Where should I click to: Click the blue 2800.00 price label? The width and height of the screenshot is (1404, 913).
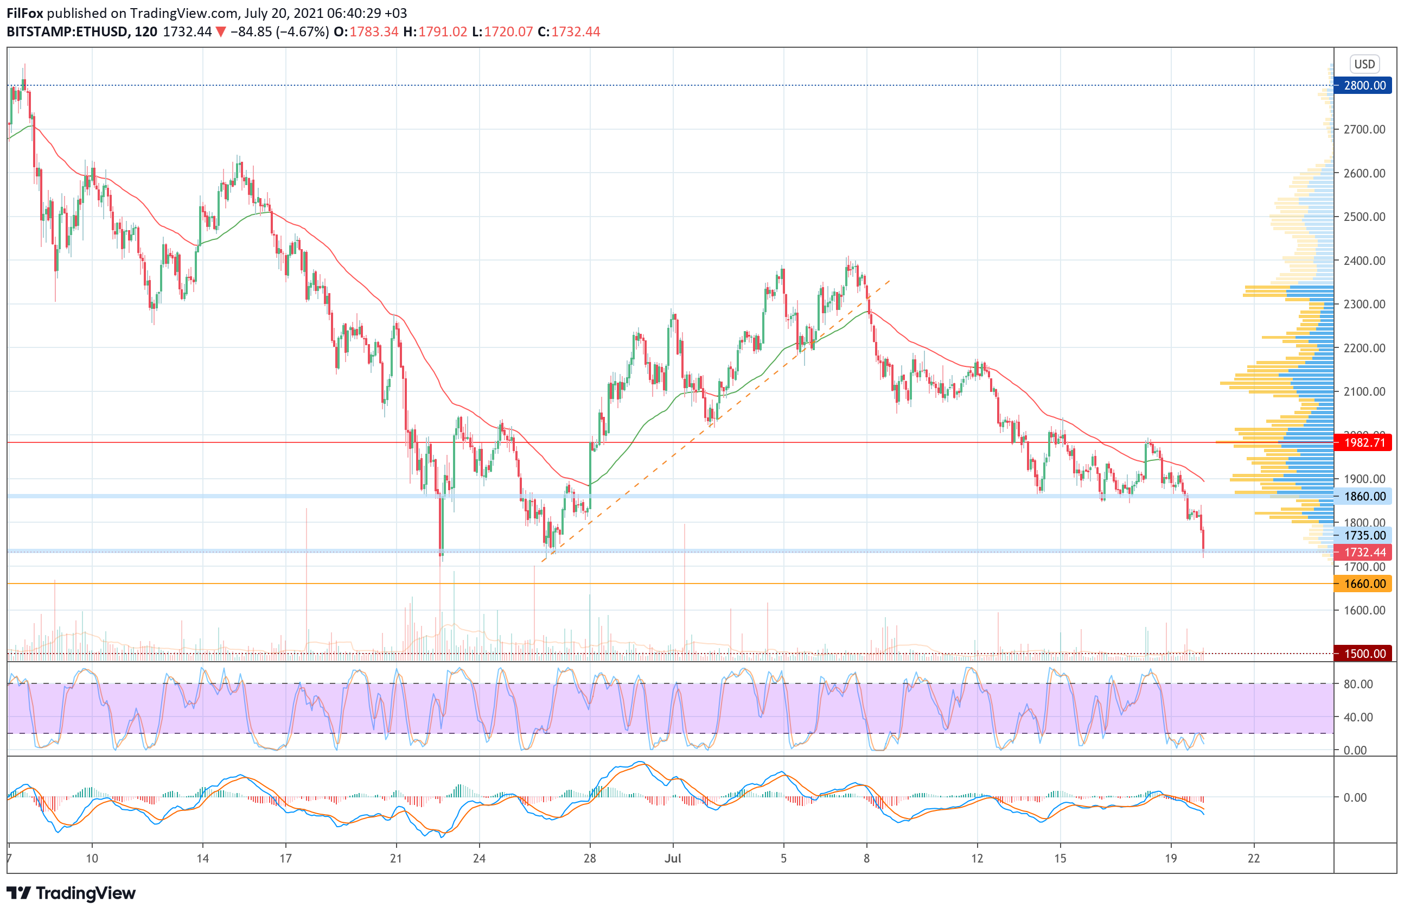pos(1364,86)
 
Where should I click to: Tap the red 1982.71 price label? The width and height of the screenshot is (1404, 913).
pos(1364,442)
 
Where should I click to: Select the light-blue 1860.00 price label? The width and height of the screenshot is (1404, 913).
pos(1364,496)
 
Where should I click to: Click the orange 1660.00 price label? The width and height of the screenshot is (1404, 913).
pos(1364,584)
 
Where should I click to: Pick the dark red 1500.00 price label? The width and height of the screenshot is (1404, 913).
pos(1364,654)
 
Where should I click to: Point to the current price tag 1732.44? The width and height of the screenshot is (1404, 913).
pos(1364,553)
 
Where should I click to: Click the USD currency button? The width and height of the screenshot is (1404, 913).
pos(1364,64)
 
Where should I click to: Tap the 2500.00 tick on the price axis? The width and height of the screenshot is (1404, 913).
pos(1364,217)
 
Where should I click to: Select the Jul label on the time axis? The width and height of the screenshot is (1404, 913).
pos(673,858)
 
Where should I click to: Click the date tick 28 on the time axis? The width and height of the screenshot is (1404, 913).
pos(589,858)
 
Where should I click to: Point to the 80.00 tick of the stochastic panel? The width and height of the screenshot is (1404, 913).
pos(1358,684)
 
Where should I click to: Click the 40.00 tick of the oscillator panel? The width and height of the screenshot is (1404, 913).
pos(1358,717)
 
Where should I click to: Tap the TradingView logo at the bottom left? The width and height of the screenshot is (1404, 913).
pos(71,893)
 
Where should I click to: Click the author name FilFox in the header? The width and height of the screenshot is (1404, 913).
pos(25,13)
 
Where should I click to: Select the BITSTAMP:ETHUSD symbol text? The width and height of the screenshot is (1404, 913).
pos(67,32)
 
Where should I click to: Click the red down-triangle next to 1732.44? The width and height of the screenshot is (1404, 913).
pos(220,32)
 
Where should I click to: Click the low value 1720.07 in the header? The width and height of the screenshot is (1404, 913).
pos(508,32)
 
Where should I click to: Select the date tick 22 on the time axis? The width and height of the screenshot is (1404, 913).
pos(1254,858)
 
